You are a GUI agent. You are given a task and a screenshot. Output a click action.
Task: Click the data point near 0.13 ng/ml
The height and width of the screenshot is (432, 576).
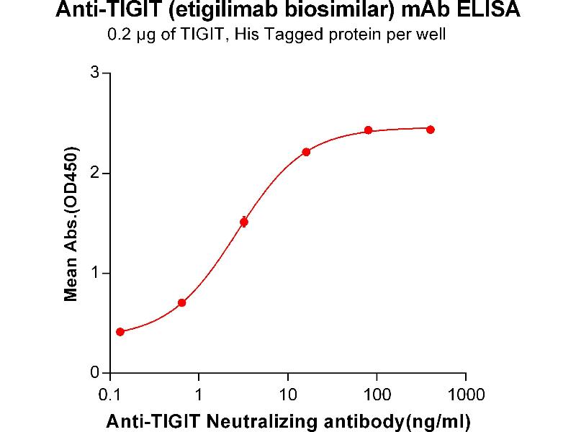[x=120, y=332]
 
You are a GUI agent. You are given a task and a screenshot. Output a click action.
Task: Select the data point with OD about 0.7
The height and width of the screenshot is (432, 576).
[x=181, y=302]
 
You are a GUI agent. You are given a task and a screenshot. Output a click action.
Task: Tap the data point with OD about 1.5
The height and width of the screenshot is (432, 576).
[x=244, y=222]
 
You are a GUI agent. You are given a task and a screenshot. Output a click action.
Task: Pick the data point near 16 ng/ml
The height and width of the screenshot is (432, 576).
[x=306, y=152]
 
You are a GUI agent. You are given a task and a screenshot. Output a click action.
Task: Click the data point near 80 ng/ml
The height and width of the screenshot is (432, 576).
[x=368, y=130]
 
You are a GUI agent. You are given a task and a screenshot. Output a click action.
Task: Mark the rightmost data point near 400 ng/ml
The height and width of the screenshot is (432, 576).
[x=431, y=130]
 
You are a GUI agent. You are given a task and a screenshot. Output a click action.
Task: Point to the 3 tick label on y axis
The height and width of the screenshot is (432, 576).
[x=94, y=73]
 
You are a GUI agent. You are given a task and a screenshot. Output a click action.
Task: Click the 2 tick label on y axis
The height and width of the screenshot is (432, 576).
[x=94, y=174]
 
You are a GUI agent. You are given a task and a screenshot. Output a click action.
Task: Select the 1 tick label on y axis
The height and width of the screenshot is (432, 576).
[x=94, y=274]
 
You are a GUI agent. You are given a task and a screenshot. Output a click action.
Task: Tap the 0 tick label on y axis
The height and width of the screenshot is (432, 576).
[x=94, y=373]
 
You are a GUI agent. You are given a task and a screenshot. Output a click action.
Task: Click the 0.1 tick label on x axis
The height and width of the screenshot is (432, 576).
[x=110, y=394]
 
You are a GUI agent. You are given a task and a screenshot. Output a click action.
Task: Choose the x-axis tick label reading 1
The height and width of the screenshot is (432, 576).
[x=199, y=394]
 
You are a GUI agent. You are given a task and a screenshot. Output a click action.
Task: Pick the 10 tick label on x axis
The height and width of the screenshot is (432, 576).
[x=288, y=394]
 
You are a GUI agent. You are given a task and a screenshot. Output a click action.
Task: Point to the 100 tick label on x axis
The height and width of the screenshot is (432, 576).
[x=377, y=394]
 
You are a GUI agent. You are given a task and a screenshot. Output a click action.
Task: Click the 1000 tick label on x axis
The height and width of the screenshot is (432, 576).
[x=465, y=394]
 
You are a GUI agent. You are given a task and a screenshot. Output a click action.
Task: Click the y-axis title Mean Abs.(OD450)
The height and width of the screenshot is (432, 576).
[x=71, y=223]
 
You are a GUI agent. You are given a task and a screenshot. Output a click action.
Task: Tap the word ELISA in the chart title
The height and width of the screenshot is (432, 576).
[x=493, y=12]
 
